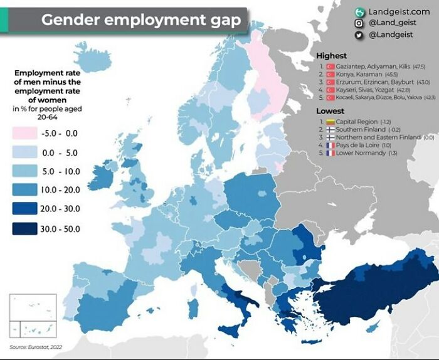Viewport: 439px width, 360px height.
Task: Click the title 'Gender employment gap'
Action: pyautogui.click(x=140, y=20)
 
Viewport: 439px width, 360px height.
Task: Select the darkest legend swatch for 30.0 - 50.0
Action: pyautogui.click(x=25, y=228)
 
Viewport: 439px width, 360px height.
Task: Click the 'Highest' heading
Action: pyautogui.click(x=331, y=56)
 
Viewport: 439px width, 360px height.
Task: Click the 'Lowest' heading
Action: pyautogui.click(x=330, y=111)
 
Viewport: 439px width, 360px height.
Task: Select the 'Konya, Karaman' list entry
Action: pyautogui.click(x=357, y=74)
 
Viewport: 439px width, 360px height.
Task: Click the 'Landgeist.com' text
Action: pyautogui.click(x=399, y=11)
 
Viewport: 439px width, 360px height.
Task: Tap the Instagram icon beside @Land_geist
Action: pyautogui.click(x=359, y=23)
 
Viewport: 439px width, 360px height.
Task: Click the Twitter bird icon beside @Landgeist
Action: pyautogui.click(x=359, y=35)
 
